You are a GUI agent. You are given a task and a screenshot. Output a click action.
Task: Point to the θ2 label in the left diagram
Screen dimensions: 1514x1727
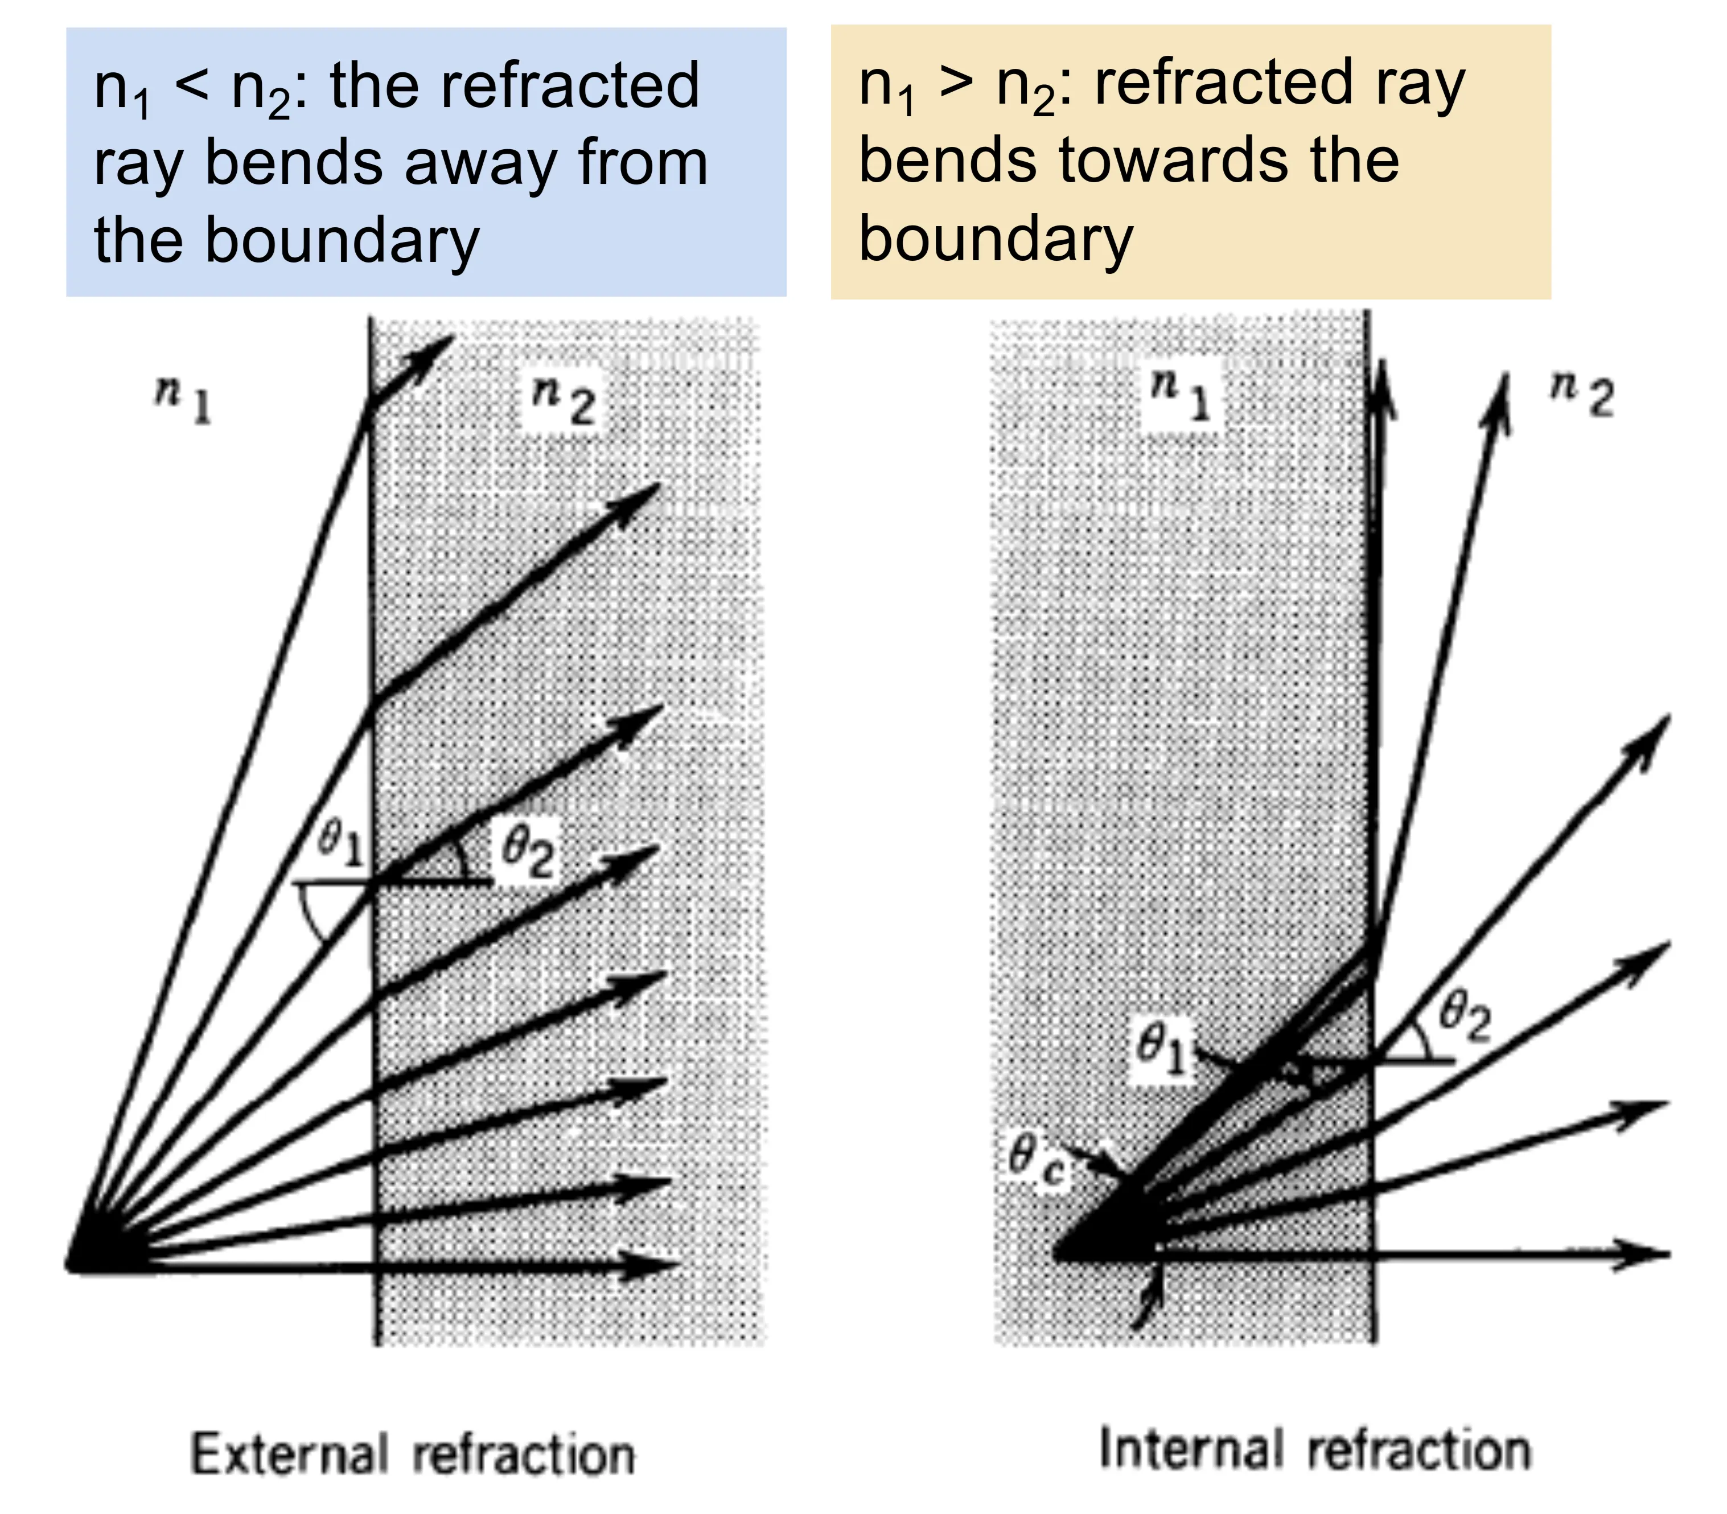tap(528, 850)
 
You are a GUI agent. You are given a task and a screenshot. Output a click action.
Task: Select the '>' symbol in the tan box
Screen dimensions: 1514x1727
tap(955, 84)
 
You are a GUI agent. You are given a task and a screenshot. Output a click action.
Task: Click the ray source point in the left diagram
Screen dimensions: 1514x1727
tap(80, 1261)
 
